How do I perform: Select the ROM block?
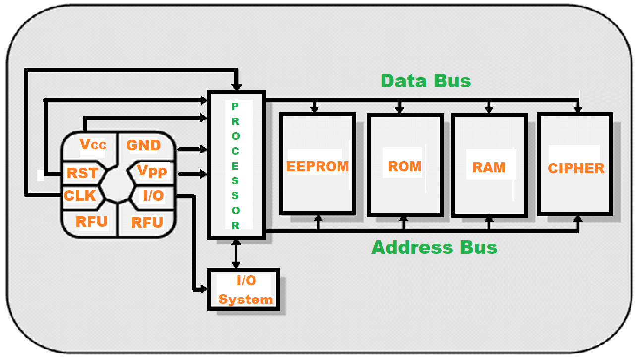pos(405,166)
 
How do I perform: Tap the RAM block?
pos(489,167)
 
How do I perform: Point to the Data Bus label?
pos(426,81)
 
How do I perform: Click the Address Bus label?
pos(434,247)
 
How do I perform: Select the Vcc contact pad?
pos(93,144)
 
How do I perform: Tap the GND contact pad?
pos(143,145)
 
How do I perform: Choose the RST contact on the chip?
pos(82,173)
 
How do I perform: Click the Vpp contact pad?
pos(152,171)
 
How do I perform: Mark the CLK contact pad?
pos(80,196)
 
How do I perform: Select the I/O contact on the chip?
pos(153,196)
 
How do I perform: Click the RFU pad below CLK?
pos(92,221)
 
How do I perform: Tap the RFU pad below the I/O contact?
pos(147,222)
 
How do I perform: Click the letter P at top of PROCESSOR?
pos(235,106)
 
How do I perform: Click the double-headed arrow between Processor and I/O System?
pos(236,254)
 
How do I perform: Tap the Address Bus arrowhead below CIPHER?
pos(577,219)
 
